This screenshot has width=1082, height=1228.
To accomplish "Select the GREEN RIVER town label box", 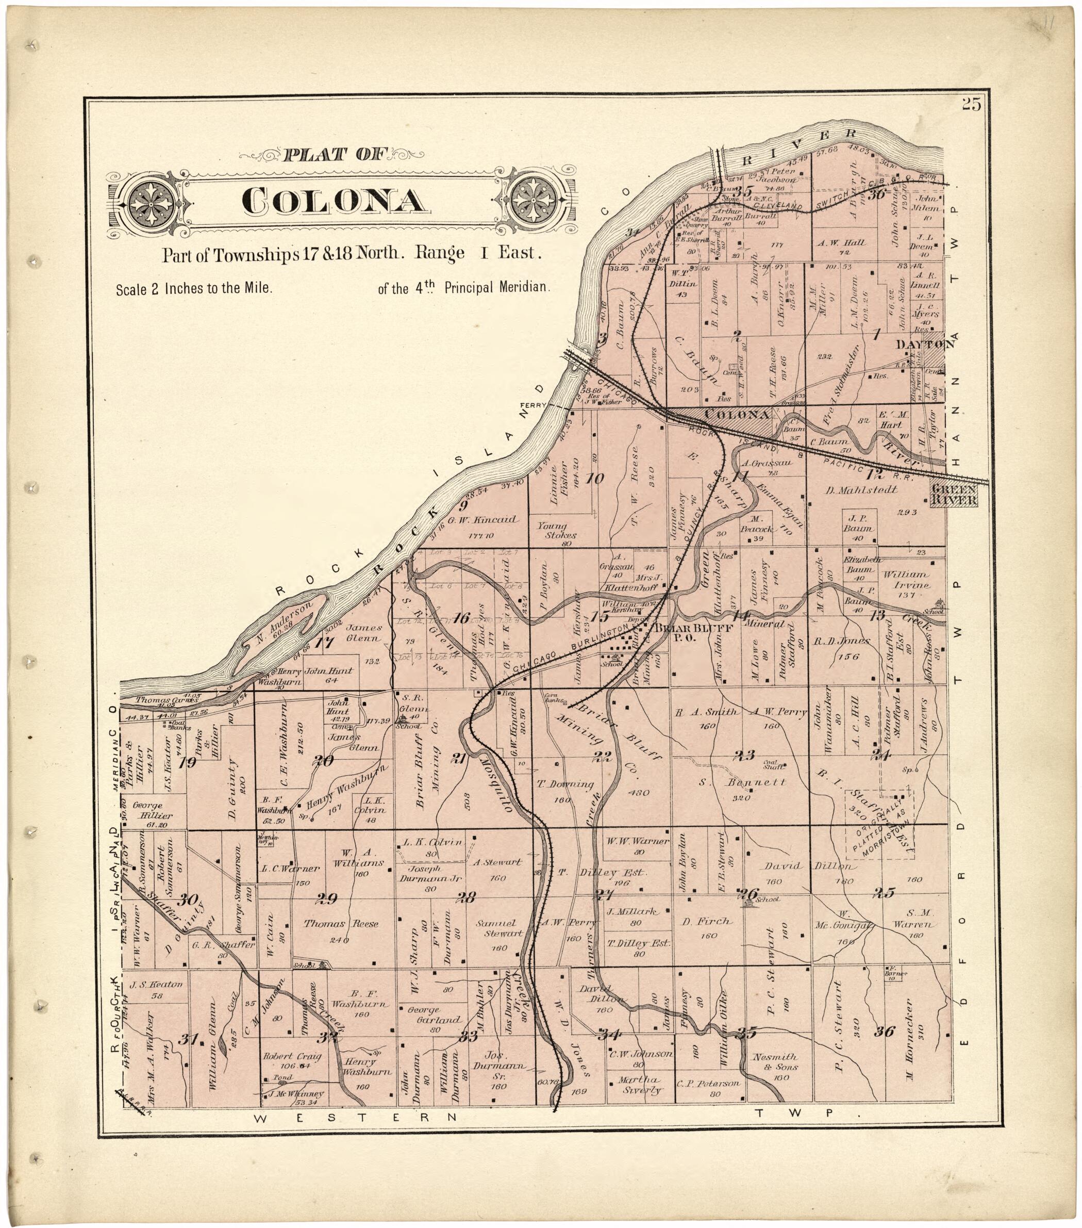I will pyautogui.click(x=954, y=495).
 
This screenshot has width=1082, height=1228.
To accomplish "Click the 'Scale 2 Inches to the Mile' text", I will pyautogui.click(x=194, y=288).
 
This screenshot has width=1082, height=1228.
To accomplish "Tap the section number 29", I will pyautogui.click(x=327, y=899).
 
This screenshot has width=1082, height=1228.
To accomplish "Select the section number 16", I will pyautogui.click(x=461, y=617).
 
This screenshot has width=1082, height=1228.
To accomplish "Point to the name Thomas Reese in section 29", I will pyautogui.click(x=340, y=924).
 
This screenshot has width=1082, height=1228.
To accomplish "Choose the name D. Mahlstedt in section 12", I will pyautogui.click(x=861, y=489).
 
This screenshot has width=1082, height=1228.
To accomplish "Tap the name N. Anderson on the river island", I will pyautogui.click(x=284, y=623).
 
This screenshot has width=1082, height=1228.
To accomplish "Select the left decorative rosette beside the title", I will pyautogui.click(x=152, y=201).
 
